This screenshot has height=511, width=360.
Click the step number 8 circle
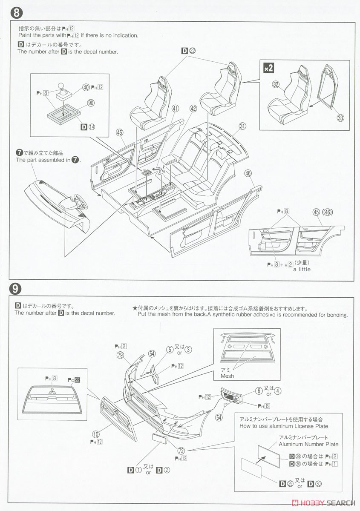click(16, 12)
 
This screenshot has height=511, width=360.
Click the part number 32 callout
click(276, 85)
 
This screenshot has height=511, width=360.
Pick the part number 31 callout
click(243, 126)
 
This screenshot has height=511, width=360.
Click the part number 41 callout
click(175, 109)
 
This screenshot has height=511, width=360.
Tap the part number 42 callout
click(193, 109)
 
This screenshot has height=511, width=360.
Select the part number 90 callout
click(90, 103)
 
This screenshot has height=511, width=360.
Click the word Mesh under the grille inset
click(228, 376)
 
